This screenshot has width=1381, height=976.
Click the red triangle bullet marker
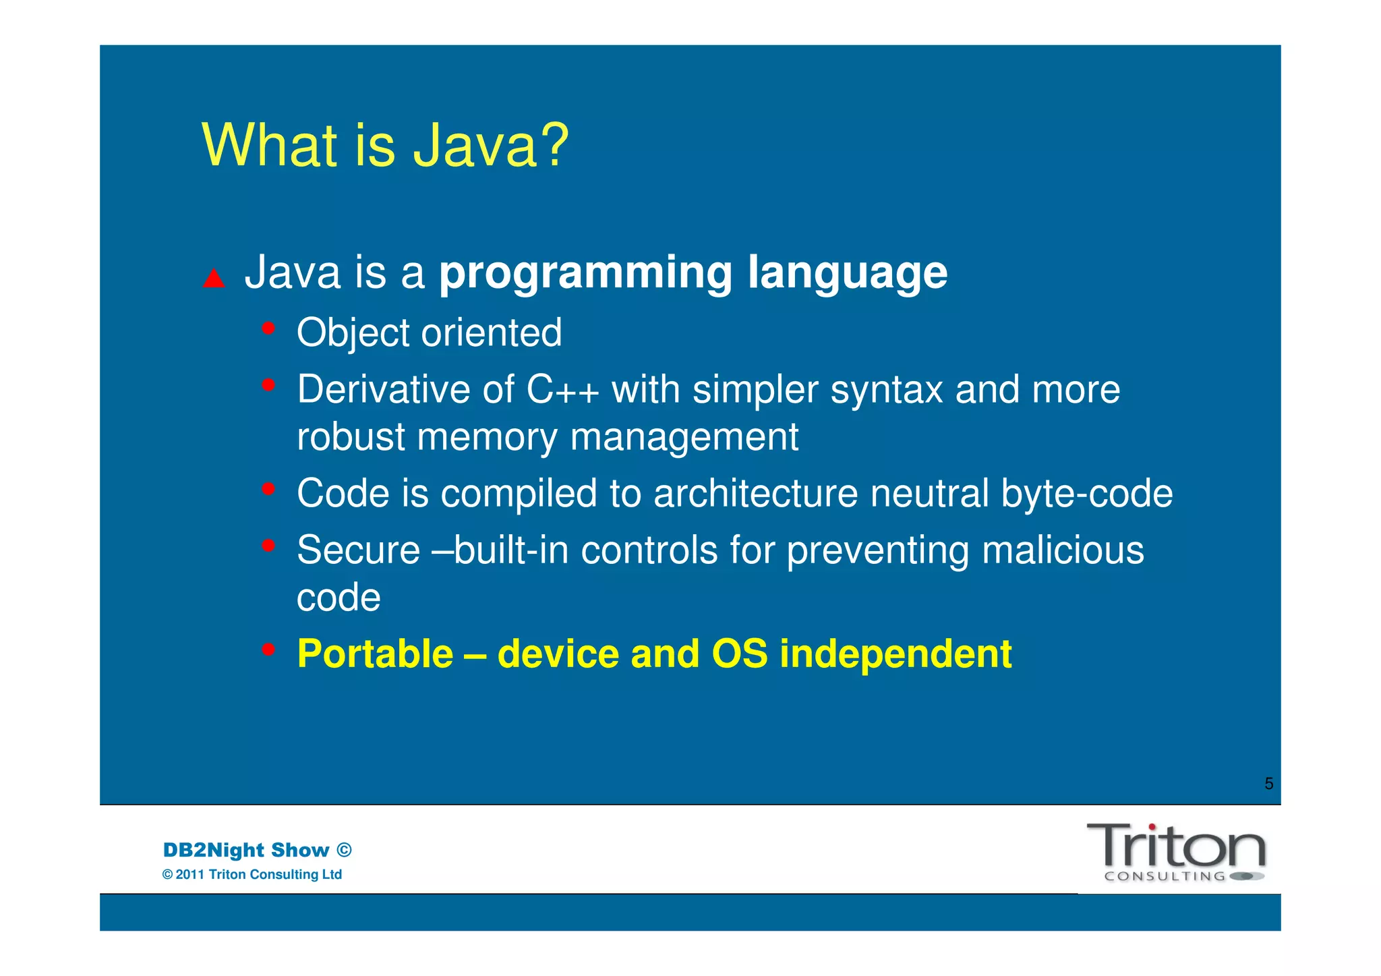pos(214,279)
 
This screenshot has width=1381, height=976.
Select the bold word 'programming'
pos(585,273)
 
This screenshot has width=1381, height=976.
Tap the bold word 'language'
pos(848,273)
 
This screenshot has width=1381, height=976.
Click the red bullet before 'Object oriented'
pos(268,328)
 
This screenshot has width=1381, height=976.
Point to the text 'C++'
pos(562,390)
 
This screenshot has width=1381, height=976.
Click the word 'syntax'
pos(886,390)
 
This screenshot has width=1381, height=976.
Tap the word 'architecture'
pos(755,493)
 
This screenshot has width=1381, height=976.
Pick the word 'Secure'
pos(358,550)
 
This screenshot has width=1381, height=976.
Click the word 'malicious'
pos(1063,550)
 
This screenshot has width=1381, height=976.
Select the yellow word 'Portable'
pos(375,654)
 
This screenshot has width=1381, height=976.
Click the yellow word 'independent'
pos(895,654)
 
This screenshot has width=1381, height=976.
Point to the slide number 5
pos(1268,784)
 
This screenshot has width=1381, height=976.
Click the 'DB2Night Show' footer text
pos(246,850)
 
